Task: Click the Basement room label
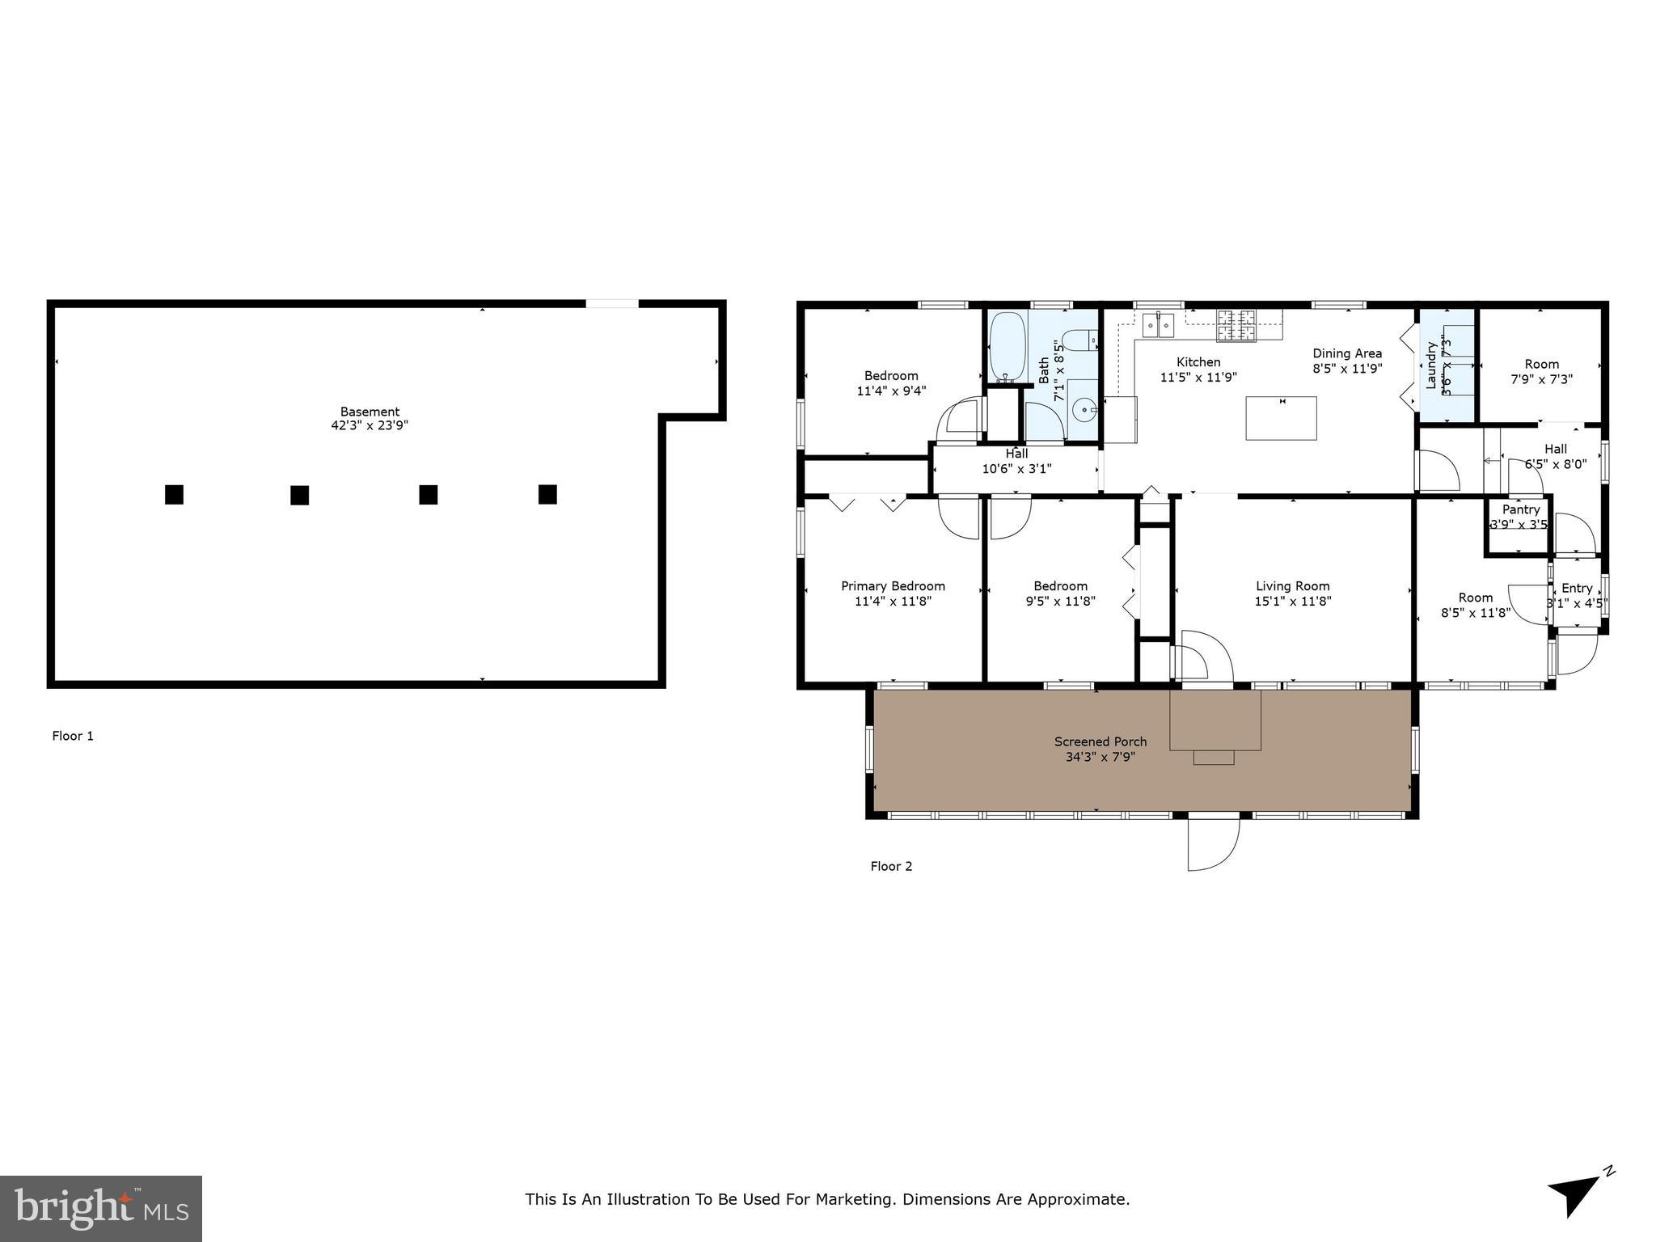click(370, 412)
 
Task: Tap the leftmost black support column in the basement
click(174, 494)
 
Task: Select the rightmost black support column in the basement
click(547, 494)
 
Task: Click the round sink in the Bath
click(1082, 411)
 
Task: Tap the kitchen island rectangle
click(1281, 418)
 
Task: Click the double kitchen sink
click(1158, 325)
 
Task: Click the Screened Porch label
click(1100, 741)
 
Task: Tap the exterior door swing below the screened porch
click(1212, 843)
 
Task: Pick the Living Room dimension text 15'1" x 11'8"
click(1292, 602)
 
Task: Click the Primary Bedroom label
click(893, 586)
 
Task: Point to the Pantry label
click(1520, 509)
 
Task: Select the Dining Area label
click(1346, 353)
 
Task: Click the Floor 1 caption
click(73, 736)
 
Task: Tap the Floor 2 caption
click(891, 866)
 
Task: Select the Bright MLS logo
click(101, 1208)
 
